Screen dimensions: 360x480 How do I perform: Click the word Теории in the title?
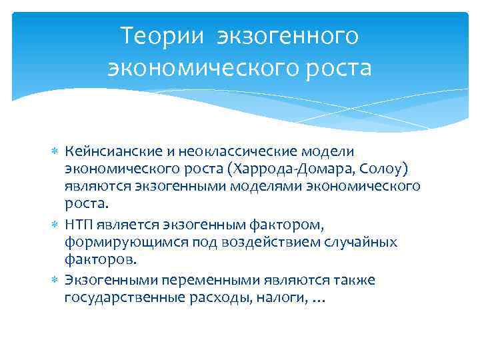pos(159,36)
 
